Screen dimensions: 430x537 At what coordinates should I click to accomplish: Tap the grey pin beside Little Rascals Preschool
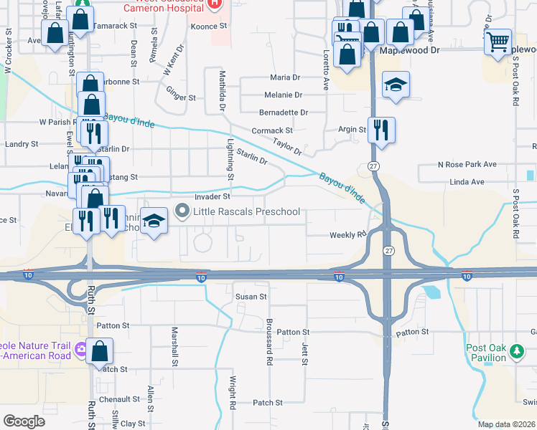click(182, 211)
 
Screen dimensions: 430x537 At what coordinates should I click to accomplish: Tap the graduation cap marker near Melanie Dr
click(396, 86)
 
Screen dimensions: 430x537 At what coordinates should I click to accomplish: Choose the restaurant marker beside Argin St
click(381, 130)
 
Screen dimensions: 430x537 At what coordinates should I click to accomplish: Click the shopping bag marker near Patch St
click(100, 352)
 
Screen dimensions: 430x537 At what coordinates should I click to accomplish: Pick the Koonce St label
click(209, 25)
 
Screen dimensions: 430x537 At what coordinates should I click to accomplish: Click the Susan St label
click(251, 296)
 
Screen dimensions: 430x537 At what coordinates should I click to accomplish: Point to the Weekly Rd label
click(348, 234)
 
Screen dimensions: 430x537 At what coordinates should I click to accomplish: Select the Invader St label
click(212, 196)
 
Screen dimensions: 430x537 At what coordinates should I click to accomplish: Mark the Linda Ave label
click(467, 182)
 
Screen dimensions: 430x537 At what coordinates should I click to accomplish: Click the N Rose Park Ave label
click(467, 164)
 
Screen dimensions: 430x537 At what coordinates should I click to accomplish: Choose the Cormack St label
click(272, 131)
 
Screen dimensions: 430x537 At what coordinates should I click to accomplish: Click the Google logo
click(24, 421)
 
